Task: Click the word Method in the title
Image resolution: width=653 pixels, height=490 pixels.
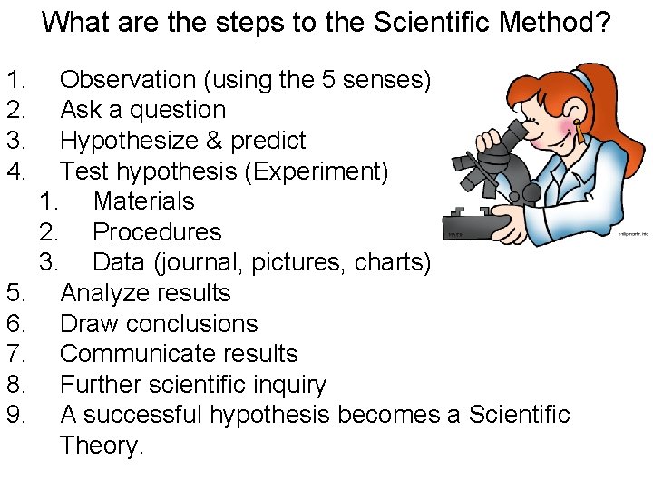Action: coord(545,21)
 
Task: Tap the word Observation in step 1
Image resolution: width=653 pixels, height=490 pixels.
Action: coord(128,80)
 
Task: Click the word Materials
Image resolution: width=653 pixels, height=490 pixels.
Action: coord(143,201)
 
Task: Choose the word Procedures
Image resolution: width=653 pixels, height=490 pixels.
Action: coord(157,231)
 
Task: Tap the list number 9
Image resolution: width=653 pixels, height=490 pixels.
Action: coord(15,415)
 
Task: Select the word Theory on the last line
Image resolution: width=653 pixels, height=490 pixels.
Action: coord(102,446)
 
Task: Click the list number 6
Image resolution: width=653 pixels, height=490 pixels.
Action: coord(15,323)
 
